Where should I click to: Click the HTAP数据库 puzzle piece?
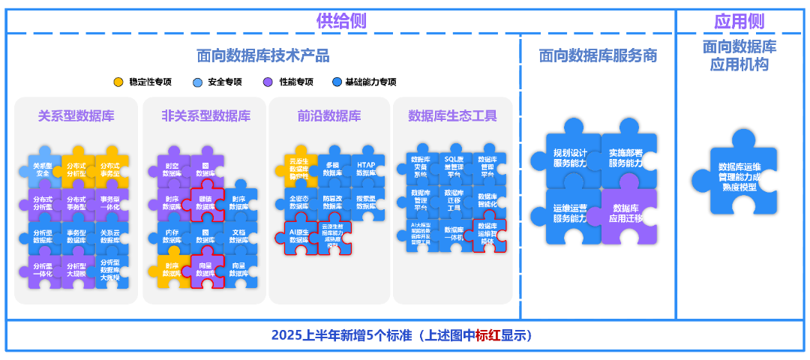point(366,169)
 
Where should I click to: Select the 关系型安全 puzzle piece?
point(43,169)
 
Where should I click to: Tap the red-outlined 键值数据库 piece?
point(205,202)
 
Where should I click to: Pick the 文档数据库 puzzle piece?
point(238,236)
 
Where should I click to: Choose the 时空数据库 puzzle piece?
point(172,169)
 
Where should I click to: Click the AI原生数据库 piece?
point(299,236)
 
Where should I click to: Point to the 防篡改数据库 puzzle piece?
point(333,202)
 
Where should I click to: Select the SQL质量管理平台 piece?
point(454,167)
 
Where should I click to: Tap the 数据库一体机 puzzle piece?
point(454,233)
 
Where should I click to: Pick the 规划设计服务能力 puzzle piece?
point(570,157)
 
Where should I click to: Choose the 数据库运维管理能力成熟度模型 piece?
point(739,177)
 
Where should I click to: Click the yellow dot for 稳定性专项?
point(118,82)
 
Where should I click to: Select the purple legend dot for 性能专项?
point(268,82)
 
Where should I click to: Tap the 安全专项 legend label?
point(224,82)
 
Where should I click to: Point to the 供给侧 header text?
point(341,20)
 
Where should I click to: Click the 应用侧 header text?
point(739,20)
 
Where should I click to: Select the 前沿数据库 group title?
point(328,115)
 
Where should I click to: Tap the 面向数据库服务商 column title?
point(598,55)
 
